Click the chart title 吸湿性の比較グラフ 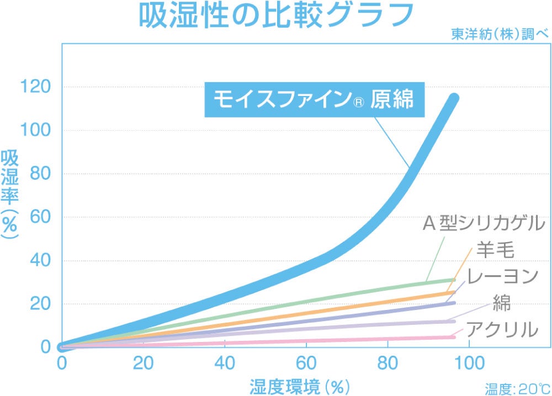click(275, 17)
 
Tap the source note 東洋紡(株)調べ click(500, 33)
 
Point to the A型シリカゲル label click(484, 224)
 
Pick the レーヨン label click(502, 276)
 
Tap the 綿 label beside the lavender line click(501, 303)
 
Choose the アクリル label click(502, 329)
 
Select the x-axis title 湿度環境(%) click(300, 385)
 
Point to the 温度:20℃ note click(517, 389)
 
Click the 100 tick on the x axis click(469, 363)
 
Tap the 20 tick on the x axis click(143, 363)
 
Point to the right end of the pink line click(454, 337)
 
